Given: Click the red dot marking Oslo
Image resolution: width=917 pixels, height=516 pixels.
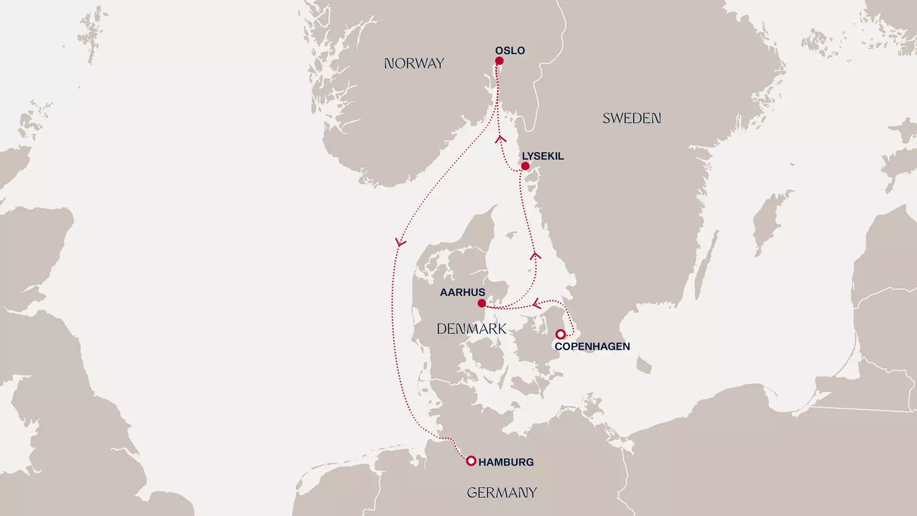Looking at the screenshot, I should (499, 61).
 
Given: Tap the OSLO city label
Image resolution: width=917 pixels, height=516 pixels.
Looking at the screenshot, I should (510, 50).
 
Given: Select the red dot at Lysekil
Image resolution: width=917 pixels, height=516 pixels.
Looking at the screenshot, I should (525, 166).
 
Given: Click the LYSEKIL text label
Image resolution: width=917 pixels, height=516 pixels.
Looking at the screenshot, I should (542, 156).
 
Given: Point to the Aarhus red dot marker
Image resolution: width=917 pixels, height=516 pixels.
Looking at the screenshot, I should (481, 303).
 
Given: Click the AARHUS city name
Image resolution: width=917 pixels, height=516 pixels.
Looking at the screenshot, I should (462, 292).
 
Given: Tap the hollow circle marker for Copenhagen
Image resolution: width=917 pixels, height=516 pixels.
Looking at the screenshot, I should (560, 334).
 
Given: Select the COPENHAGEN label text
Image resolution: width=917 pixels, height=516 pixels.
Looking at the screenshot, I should (592, 346).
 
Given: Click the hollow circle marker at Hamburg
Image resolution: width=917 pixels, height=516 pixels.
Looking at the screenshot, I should (471, 461).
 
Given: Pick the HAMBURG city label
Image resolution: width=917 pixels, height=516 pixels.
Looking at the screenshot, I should (506, 462).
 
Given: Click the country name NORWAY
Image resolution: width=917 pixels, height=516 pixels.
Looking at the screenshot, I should (414, 64).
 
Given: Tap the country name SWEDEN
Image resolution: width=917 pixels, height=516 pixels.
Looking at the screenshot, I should (631, 118).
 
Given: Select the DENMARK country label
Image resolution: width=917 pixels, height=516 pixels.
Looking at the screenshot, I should (471, 329).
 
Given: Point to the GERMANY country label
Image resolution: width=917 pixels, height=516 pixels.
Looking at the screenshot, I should (501, 493).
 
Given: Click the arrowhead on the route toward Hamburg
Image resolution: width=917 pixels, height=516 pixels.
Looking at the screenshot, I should (400, 243).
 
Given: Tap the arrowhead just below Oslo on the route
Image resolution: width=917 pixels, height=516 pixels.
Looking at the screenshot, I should (500, 139).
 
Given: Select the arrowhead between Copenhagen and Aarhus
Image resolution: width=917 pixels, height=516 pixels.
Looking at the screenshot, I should (537, 304).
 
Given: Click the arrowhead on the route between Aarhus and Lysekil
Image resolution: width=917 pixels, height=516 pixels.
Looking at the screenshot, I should (535, 256).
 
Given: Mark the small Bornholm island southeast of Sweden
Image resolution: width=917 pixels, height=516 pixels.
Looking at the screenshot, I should (643, 365).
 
